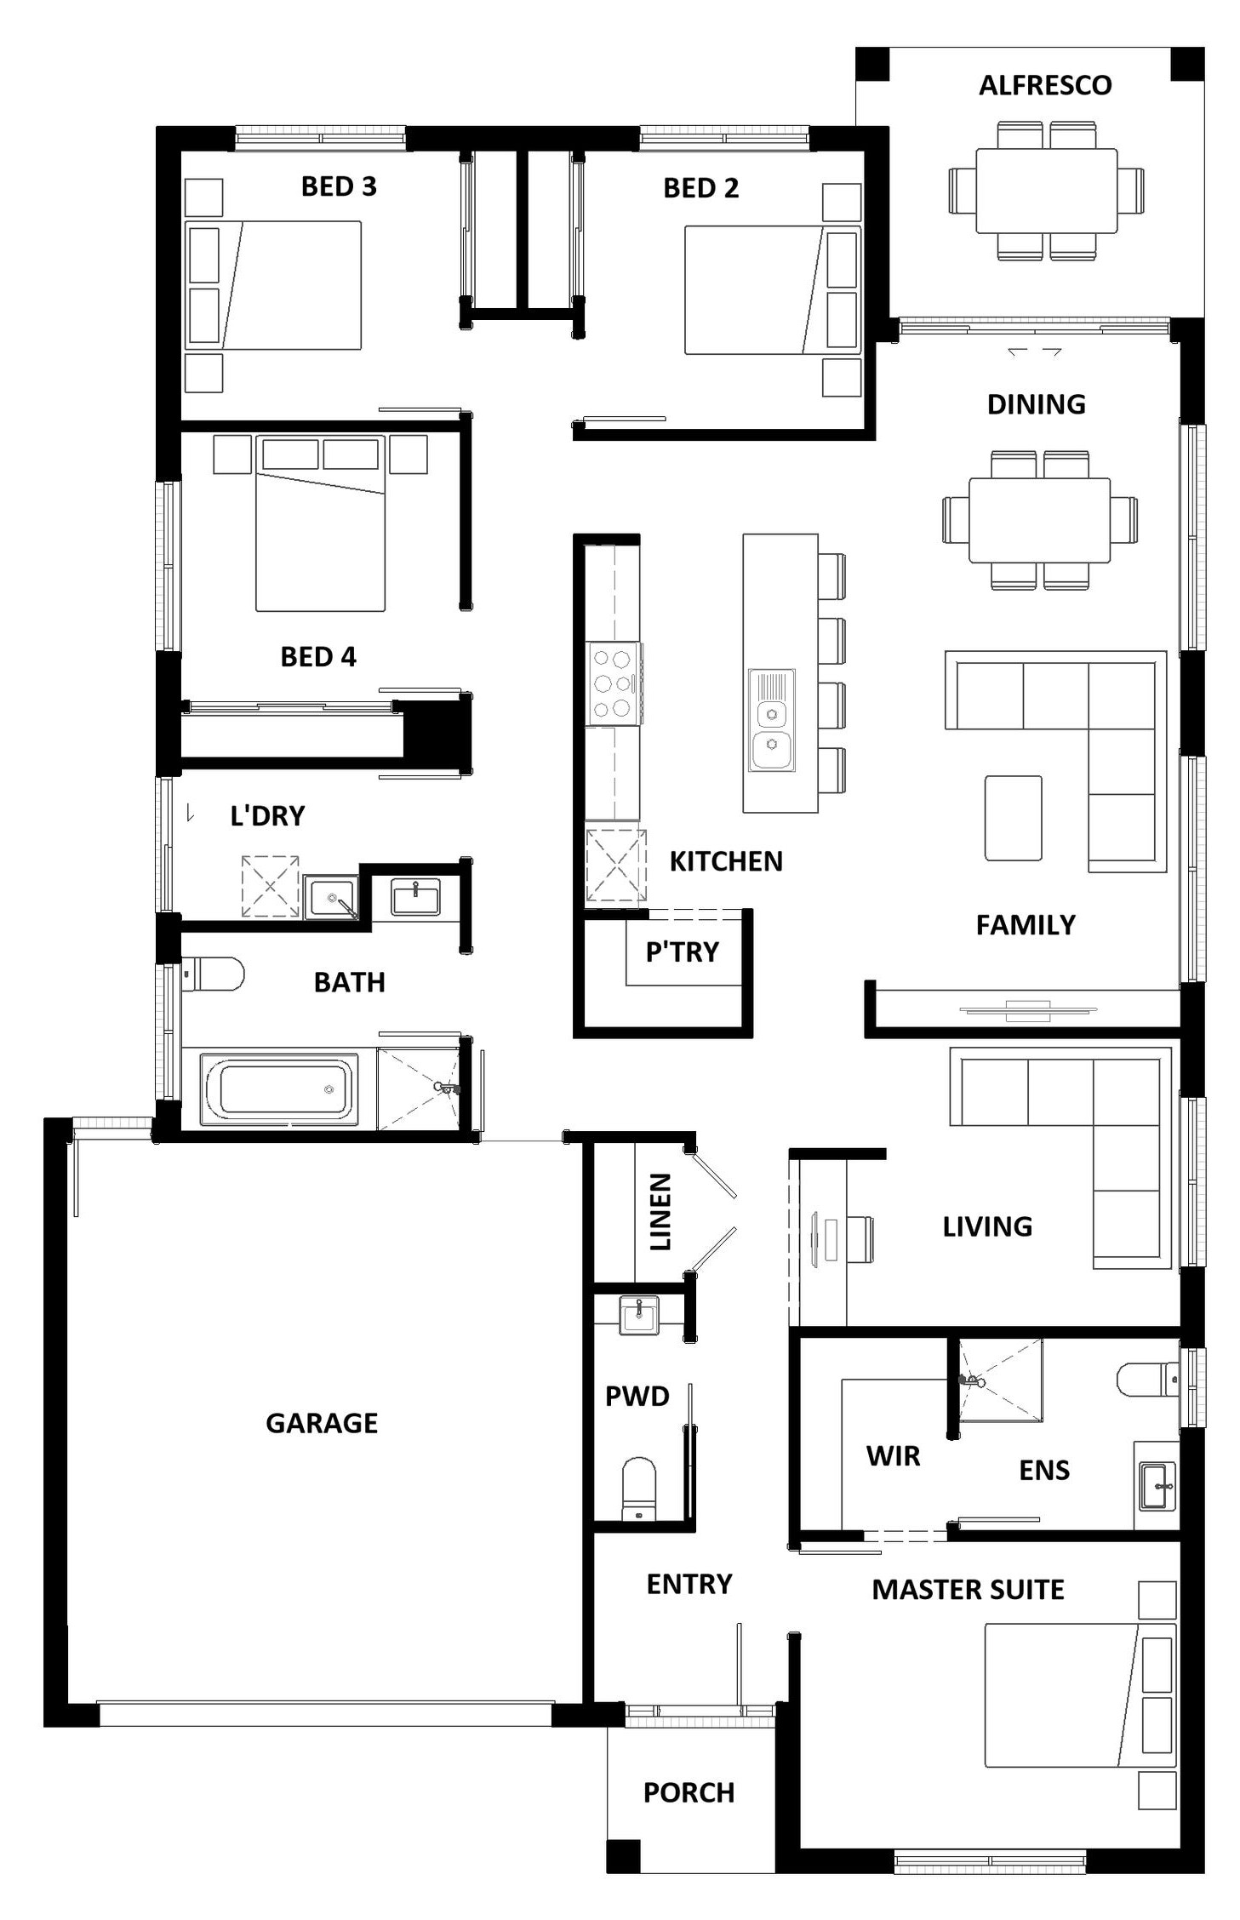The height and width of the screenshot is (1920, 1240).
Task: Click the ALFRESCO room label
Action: tap(1044, 85)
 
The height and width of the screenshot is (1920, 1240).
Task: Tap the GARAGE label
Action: tap(322, 1423)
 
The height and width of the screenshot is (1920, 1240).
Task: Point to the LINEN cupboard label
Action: tap(660, 1212)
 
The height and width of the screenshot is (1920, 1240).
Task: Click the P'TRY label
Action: tap(683, 951)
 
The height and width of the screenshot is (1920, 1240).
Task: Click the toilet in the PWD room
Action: tap(639, 1489)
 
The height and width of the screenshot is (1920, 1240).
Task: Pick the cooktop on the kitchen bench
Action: tap(614, 683)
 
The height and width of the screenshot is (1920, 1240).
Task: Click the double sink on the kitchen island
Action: tap(772, 720)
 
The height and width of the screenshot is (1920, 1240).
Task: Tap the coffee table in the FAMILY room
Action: tap(1013, 818)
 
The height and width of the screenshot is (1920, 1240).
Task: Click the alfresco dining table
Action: tap(1046, 191)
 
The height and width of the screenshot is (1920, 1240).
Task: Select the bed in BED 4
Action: tap(321, 523)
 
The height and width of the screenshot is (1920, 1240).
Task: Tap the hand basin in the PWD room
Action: tap(638, 1316)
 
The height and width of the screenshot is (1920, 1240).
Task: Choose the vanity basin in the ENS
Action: tap(1157, 1487)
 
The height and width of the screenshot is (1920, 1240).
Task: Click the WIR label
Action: tap(893, 1456)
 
